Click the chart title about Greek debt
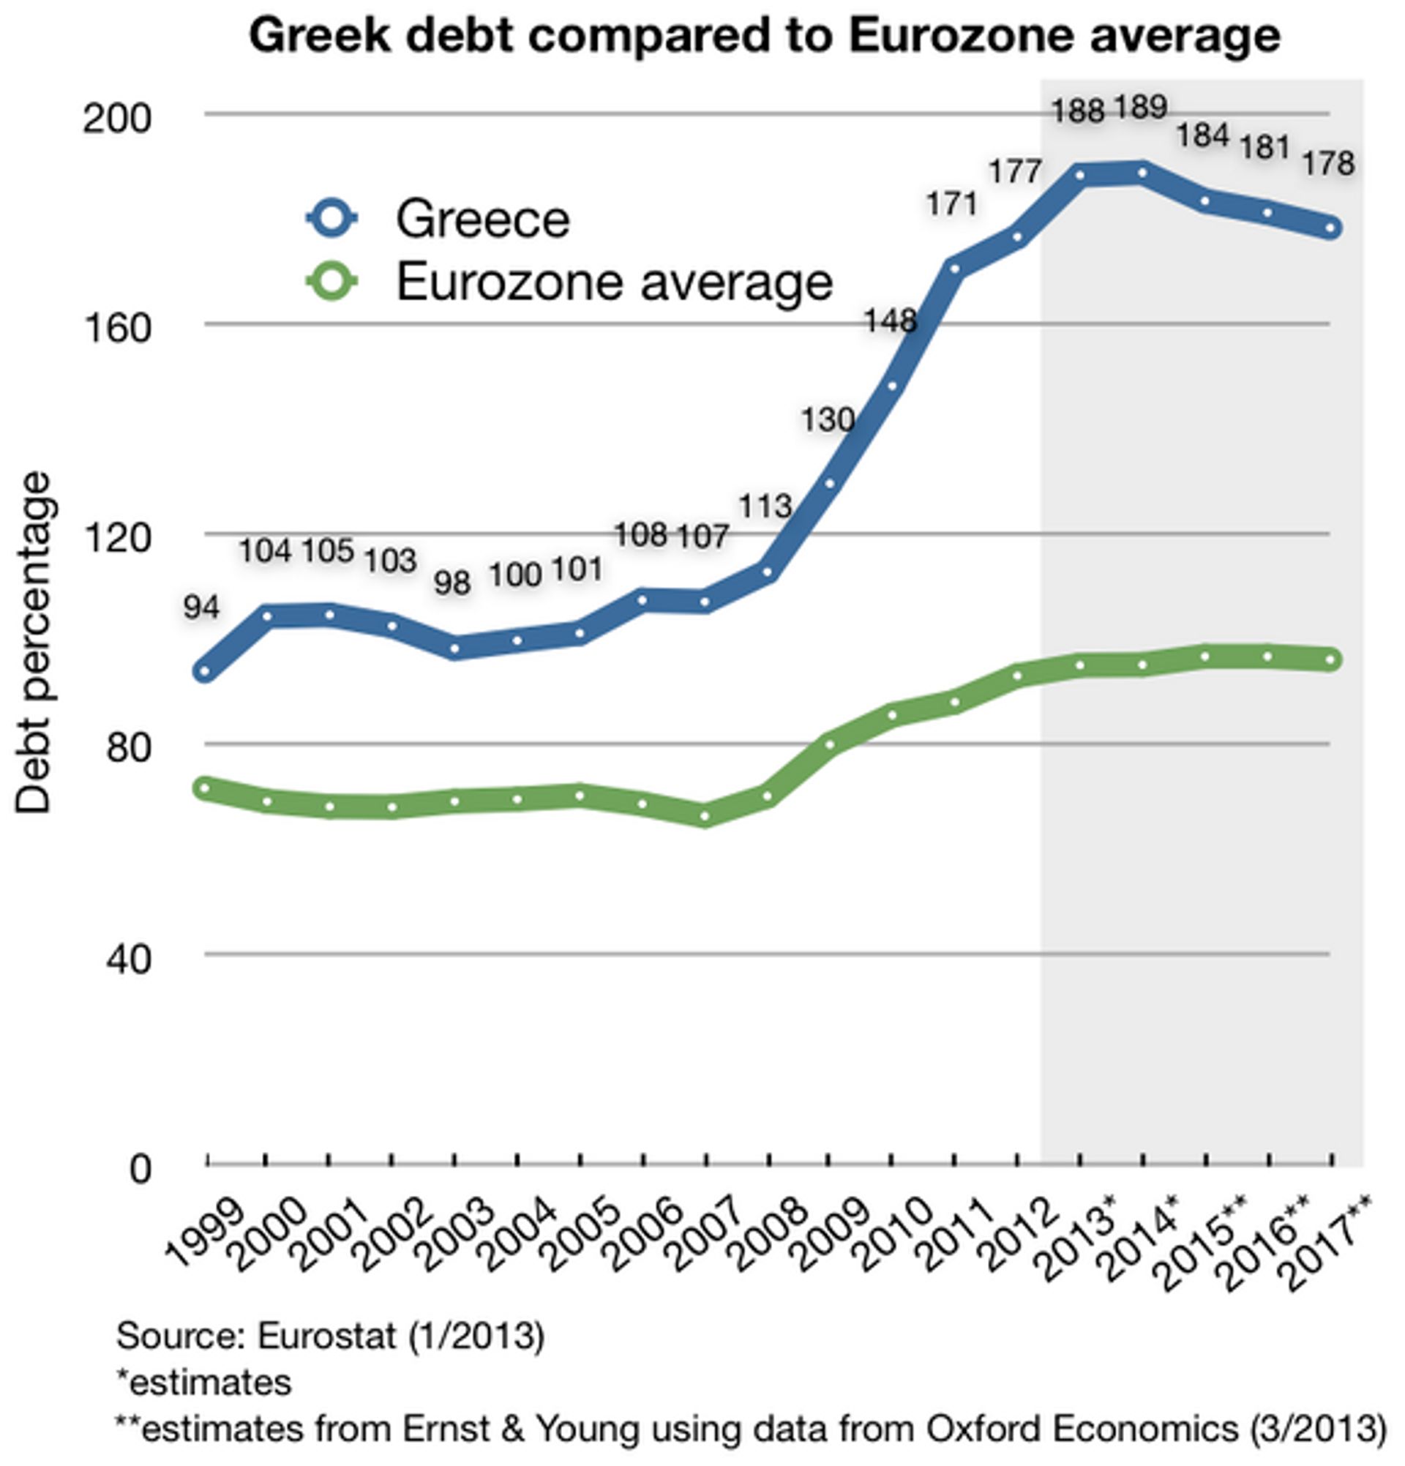(764, 35)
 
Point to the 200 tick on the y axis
(116, 117)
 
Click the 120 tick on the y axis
(116, 537)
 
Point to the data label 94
(201, 607)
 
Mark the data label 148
(891, 321)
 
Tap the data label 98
(452, 583)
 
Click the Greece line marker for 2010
(892, 386)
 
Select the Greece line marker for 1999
(203, 672)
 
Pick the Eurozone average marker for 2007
(705, 815)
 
